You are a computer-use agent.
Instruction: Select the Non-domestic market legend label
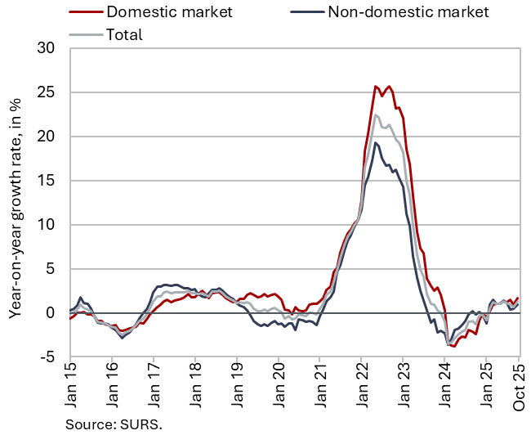[x=408, y=11]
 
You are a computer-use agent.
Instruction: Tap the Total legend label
[x=124, y=34]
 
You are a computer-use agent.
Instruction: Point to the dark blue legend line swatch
[x=306, y=11]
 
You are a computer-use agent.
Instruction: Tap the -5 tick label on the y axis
[x=47, y=357]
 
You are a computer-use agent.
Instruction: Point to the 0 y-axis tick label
[x=51, y=313]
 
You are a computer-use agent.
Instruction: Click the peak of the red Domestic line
[x=375, y=86]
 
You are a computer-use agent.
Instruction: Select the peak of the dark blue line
[x=375, y=143]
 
